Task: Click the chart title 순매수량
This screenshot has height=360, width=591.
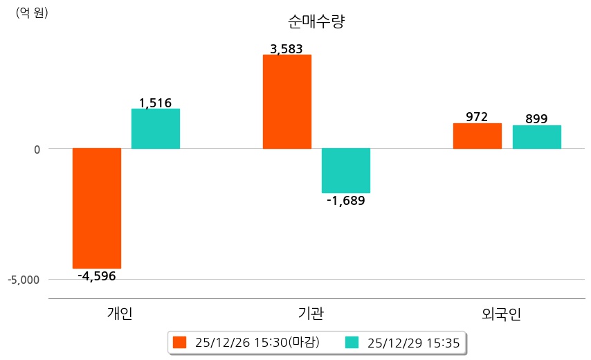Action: (316, 22)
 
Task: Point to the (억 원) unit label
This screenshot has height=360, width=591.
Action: (32, 12)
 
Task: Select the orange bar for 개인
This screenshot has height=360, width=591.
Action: (97, 208)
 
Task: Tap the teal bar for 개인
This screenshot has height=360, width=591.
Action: (156, 129)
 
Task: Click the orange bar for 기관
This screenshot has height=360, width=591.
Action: (287, 102)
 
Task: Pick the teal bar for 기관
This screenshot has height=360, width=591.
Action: (346, 170)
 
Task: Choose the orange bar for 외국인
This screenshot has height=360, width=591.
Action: (478, 136)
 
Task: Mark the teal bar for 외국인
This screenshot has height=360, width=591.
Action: (536, 137)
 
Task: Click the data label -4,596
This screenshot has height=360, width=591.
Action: (97, 276)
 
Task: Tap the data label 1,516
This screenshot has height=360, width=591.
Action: (155, 103)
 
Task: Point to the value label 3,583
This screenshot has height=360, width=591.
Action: (287, 49)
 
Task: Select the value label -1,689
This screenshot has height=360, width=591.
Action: (346, 201)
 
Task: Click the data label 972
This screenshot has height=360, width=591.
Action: (477, 117)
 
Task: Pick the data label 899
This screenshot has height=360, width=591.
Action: (536, 119)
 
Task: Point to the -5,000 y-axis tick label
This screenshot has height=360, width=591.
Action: (25, 280)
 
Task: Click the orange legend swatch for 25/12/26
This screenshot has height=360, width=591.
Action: (180, 343)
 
